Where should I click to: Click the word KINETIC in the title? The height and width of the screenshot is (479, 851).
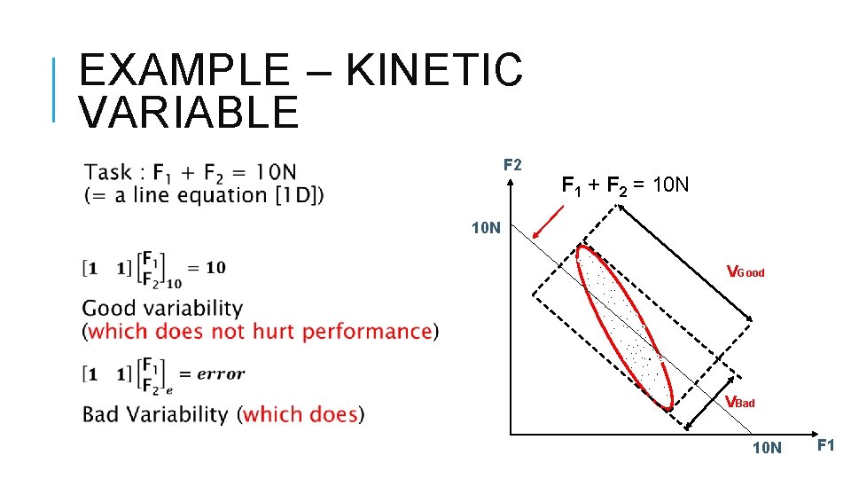click(434, 71)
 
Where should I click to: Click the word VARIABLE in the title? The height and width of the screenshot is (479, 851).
click(189, 113)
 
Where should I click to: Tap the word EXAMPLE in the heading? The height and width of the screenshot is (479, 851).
click(183, 71)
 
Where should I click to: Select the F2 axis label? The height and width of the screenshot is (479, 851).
click(512, 165)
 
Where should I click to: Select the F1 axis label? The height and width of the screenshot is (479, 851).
click(824, 445)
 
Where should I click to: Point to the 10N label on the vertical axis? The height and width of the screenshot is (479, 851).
click(486, 228)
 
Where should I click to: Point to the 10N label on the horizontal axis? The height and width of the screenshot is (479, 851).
click(767, 448)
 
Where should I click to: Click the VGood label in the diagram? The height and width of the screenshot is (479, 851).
click(745, 271)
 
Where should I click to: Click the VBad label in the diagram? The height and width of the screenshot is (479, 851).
click(739, 402)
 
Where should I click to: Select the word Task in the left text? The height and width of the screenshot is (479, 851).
click(108, 172)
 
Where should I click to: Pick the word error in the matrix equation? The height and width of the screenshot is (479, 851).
click(220, 373)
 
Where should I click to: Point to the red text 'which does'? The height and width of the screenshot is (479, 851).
click(301, 414)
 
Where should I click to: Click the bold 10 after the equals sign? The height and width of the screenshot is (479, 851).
click(215, 268)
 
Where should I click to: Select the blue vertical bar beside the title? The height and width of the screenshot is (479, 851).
click(54, 89)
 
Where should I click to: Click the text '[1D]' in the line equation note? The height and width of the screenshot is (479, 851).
click(297, 195)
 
